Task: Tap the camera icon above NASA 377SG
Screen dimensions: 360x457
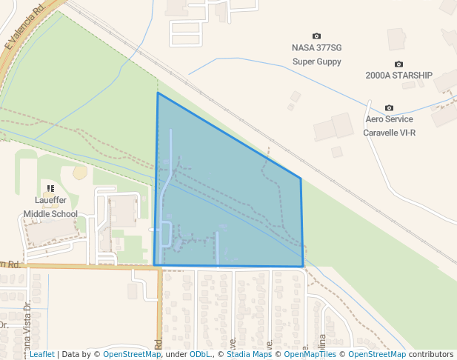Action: coord(317,36)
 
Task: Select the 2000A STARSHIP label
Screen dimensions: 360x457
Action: coord(398,76)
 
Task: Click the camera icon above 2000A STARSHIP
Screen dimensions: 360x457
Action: coord(398,64)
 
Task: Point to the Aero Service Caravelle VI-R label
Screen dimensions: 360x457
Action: coord(389,126)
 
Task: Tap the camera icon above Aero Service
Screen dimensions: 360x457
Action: coord(390,108)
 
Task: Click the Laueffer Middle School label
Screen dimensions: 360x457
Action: coord(50,207)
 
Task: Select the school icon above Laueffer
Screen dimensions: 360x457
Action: coord(50,189)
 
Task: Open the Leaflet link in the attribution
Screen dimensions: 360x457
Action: coord(41,354)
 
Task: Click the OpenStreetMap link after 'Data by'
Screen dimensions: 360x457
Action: coord(131,354)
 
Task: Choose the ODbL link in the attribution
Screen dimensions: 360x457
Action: coord(200,354)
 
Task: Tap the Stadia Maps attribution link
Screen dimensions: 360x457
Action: coord(249,354)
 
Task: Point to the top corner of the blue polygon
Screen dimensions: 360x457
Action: coord(158,93)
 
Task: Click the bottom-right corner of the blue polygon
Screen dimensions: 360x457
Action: coord(303,266)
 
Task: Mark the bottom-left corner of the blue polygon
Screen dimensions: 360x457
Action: coord(154,264)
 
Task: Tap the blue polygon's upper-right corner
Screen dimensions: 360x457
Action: coord(300,178)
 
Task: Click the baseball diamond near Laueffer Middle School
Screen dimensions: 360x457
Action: coord(79,172)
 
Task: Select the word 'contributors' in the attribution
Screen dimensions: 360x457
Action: coord(431,354)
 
